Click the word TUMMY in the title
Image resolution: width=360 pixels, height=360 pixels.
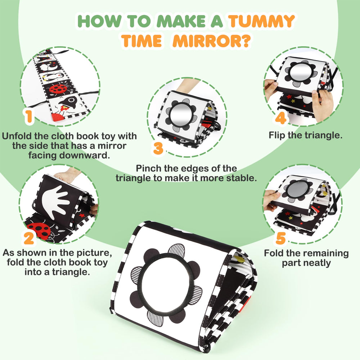[x=261, y=21]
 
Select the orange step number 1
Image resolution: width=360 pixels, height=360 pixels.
[x=29, y=116]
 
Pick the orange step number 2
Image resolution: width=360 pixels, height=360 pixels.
[x=29, y=238]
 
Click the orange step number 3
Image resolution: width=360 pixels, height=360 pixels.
[x=158, y=148]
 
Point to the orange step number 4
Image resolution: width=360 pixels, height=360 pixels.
[x=280, y=118]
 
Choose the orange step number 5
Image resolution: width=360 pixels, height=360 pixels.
[x=281, y=238]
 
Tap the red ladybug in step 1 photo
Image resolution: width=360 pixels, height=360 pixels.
[x=58, y=89]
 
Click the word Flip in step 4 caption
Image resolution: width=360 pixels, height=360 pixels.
[x=277, y=135]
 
